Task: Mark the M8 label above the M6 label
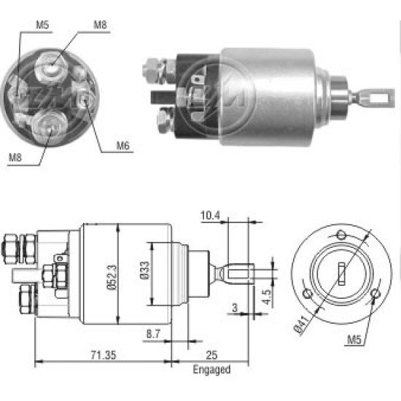(101, 24)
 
